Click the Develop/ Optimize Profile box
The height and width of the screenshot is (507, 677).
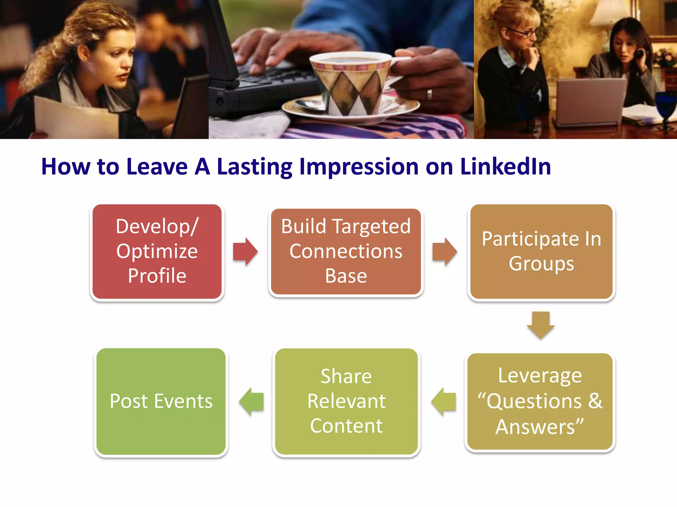[157, 252]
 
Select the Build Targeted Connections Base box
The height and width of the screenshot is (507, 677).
[346, 252]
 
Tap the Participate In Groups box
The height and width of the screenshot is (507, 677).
[541, 252]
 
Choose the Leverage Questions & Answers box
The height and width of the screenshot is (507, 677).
[539, 401]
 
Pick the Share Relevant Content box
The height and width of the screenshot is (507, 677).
[346, 401]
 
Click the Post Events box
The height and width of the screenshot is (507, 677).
[161, 401]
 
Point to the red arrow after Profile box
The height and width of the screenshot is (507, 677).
[245, 252]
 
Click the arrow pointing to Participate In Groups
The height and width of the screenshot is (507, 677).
[444, 252]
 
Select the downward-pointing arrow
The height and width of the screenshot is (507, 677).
[541, 325]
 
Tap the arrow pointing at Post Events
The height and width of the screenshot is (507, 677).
[252, 401]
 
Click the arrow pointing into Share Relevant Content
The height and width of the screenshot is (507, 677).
[444, 401]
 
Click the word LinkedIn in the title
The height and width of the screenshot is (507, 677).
[505, 166]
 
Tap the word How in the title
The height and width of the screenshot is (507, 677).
[65, 166]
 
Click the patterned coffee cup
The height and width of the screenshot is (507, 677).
[350, 83]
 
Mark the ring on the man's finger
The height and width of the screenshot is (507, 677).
[429, 94]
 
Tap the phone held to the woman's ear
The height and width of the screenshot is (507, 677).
[640, 53]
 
